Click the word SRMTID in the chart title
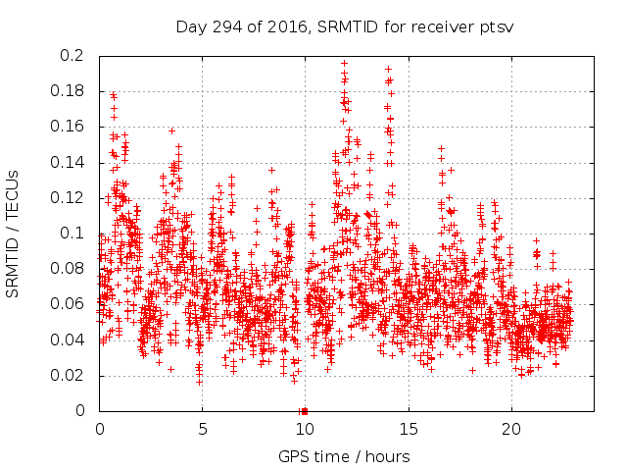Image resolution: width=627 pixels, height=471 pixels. click(x=345, y=26)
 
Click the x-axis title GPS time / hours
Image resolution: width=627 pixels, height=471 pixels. click(x=344, y=456)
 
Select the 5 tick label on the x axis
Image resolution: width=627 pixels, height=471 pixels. click(x=203, y=429)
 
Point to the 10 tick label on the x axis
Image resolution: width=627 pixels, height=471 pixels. click(x=305, y=429)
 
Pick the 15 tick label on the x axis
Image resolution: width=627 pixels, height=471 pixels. click(x=408, y=429)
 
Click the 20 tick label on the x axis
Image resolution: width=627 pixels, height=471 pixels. click(x=510, y=429)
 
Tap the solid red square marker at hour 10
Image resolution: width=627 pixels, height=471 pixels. click(x=305, y=411)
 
